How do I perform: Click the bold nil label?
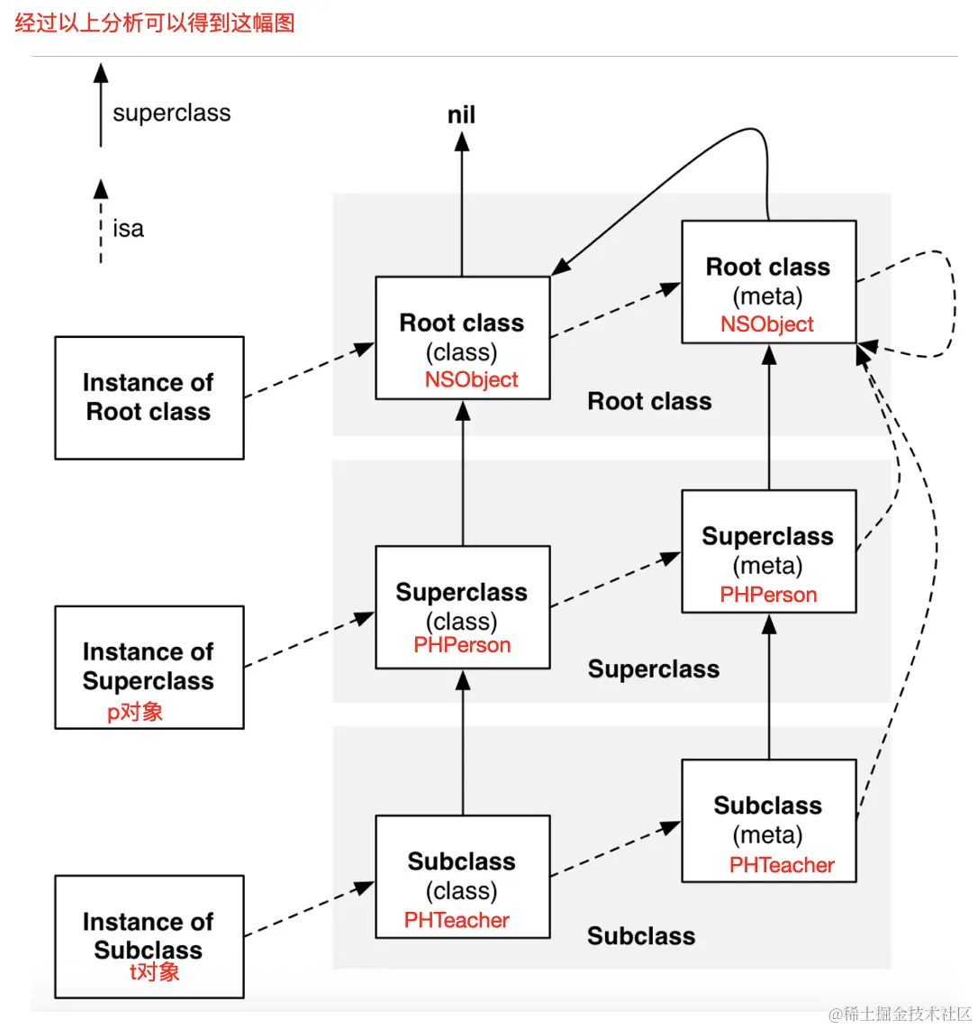461,115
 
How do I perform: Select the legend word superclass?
171,114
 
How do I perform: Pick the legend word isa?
128,229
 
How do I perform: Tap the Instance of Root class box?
149,397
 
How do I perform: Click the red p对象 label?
135,712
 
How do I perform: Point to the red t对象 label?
154,971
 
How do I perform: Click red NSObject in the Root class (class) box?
471,379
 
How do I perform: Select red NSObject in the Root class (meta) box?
767,324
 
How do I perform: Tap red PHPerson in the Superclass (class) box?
462,645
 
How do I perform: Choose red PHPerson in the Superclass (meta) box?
768,595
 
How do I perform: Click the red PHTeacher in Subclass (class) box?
457,920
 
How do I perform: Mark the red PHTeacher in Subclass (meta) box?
782,865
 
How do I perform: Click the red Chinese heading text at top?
155,23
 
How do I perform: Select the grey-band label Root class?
649,402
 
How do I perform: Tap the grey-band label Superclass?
654,669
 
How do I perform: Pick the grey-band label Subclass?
641,936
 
